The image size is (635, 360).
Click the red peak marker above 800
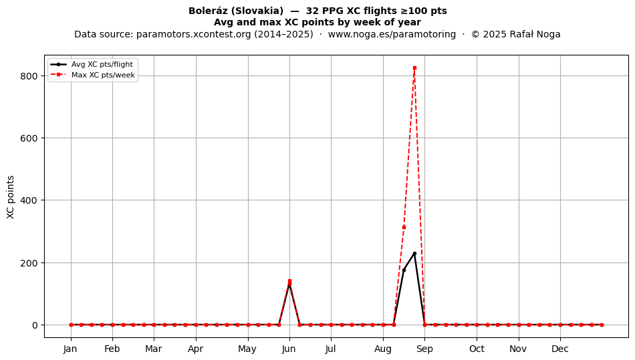[414, 68]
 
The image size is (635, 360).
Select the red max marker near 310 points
[404, 227]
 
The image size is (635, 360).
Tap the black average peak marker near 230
[414, 254]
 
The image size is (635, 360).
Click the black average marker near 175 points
[404, 271]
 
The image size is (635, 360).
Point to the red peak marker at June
[289, 281]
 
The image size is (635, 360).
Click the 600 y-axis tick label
[29, 138]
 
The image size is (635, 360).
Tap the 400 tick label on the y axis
[29, 200]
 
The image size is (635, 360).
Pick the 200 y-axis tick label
[29, 263]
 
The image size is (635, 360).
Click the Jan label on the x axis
[70, 349]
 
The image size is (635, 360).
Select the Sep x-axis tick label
[424, 349]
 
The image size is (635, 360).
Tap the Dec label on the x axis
[560, 349]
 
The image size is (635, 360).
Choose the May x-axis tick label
[247, 349]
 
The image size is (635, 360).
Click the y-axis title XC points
[11, 197]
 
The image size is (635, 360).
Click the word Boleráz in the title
[206, 11]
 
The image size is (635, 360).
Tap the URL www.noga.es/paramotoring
[392, 34]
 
